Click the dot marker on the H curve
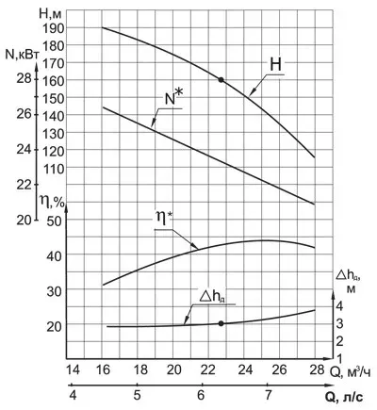(x=221, y=80)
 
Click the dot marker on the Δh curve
(x=221, y=323)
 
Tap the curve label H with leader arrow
(x=276, y=65)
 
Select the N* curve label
(x=173, y=98)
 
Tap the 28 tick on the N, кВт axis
(x=25, y=78)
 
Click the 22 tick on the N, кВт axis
(x=25, y=185)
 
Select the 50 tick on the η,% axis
(x=54, y=221)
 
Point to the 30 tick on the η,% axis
(x=54, y=291)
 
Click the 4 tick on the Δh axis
(x=340, y=305)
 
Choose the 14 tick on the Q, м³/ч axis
(x=73, y=369)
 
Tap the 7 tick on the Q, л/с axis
(x=268, y=395)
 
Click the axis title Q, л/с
(x=344, y=398)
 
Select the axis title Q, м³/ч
(x=350, y=371)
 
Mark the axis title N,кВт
(x=23, y=55)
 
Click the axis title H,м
(x=52, y=13)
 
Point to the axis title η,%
(x=52, y=201)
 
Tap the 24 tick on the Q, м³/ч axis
(x=245, y=369)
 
